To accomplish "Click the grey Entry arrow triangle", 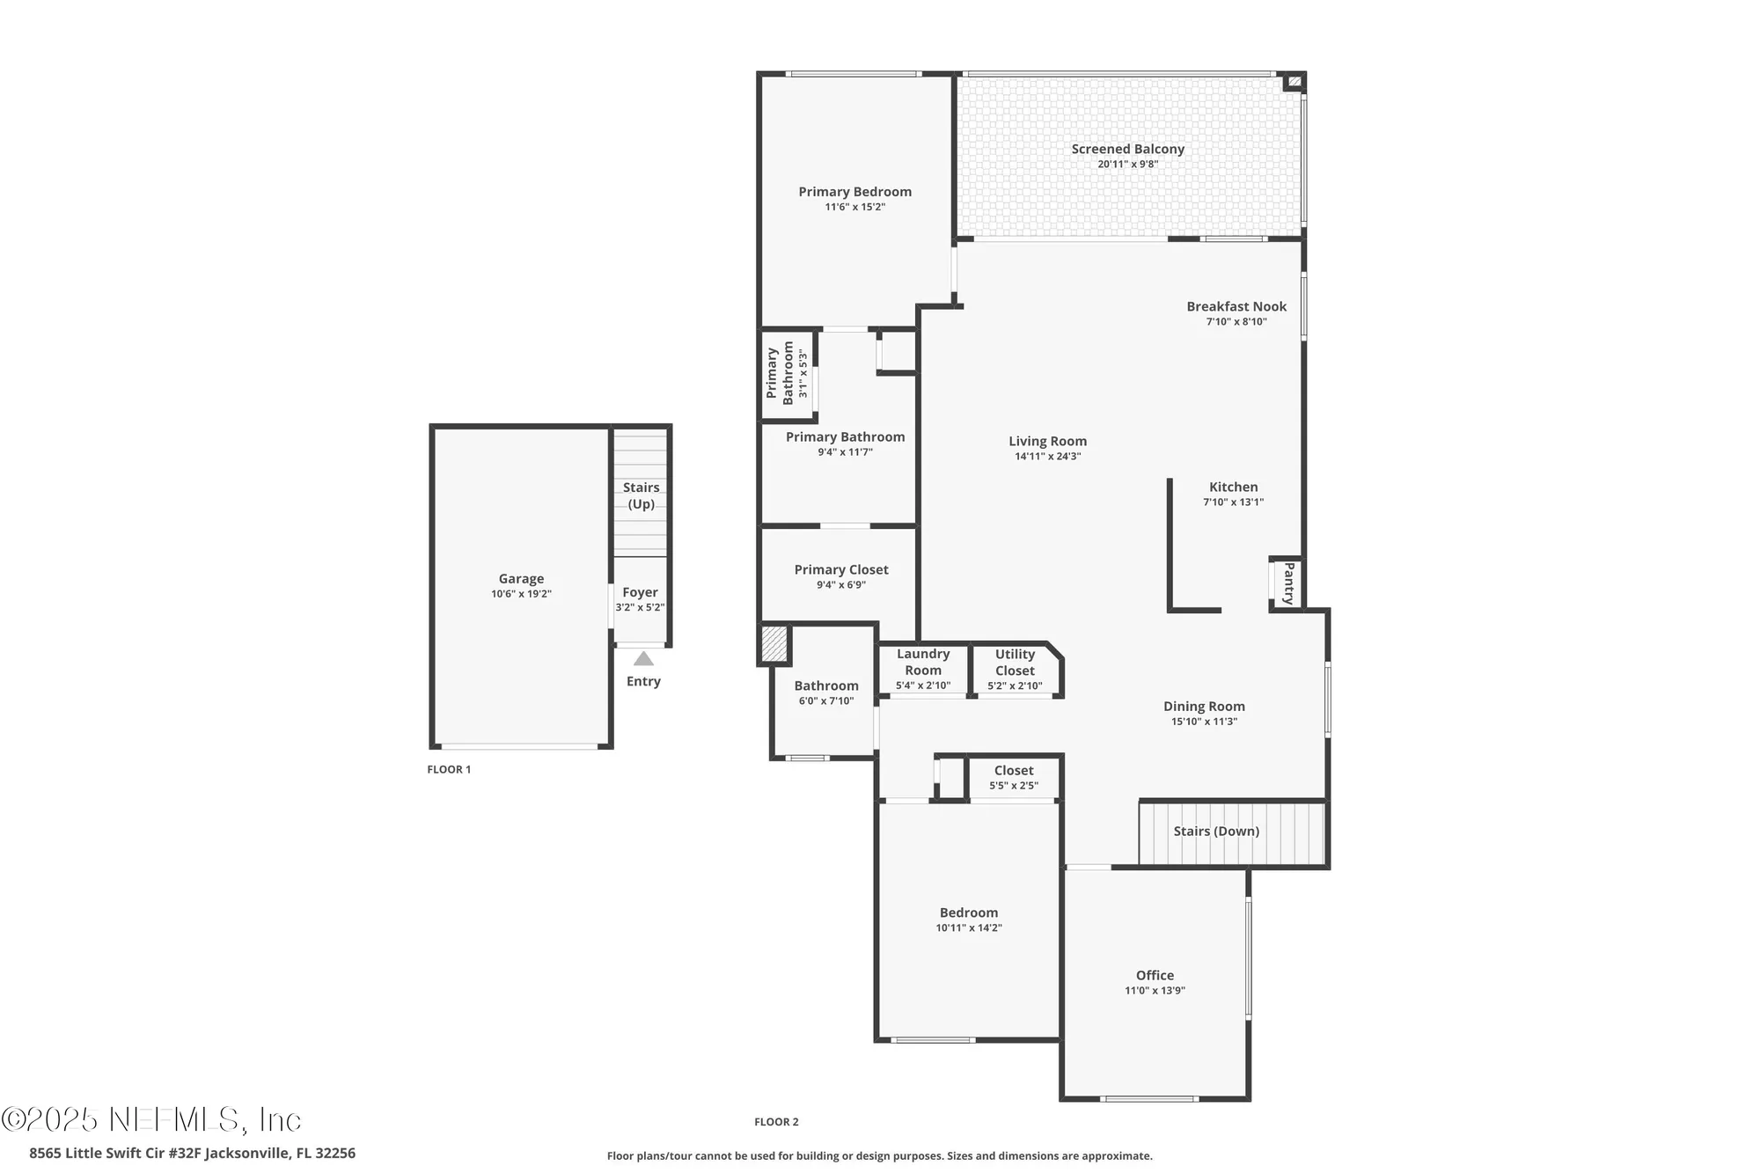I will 643,658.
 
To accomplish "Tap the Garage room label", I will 521,579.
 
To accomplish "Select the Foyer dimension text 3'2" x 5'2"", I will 640,607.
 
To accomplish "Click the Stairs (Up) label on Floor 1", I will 641,495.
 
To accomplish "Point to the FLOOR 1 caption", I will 449,769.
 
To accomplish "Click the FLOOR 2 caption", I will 776,1122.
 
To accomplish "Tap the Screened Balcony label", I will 1127,150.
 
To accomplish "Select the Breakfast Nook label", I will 1236,307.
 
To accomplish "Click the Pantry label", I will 1288,583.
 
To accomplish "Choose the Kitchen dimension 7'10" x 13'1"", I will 1233,502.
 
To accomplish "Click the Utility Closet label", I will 1015,663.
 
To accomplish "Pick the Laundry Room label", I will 923,662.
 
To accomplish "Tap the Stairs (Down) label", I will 1216,832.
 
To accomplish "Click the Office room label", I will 1155,975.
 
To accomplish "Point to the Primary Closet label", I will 841,570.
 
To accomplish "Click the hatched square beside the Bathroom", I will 774,644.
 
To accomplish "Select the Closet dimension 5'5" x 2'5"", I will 1014,786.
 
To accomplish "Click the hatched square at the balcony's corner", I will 1294,82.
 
